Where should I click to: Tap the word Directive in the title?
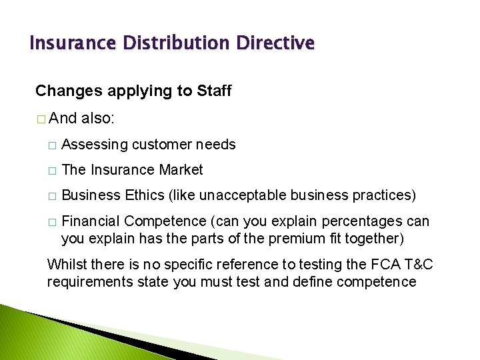coord(275,44)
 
